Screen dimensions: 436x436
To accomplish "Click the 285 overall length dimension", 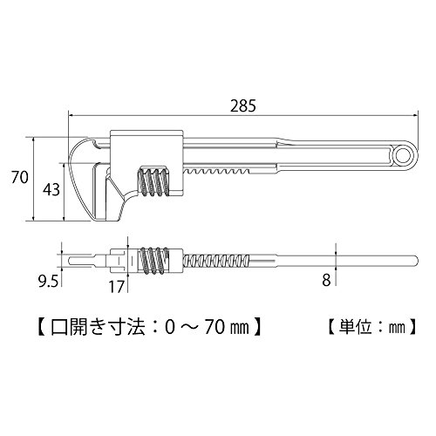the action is tap(243, 106).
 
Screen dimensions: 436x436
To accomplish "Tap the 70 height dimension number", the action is tap(20, 177).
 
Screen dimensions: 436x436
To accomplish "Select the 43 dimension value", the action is tap(51, 189).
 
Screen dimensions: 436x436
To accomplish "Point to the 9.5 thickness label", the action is tap(49, 281).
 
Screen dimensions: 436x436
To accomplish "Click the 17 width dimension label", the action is tap(116, 287).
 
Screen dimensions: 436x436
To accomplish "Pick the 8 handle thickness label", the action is tap(326, 281).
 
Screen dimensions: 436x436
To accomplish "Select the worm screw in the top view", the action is tap(154, 261).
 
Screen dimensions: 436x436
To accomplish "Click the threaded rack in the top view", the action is tap(216, 260).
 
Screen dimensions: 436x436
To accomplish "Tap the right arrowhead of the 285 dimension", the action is tap(415, 115).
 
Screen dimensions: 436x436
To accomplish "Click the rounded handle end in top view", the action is tap(415, 260).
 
